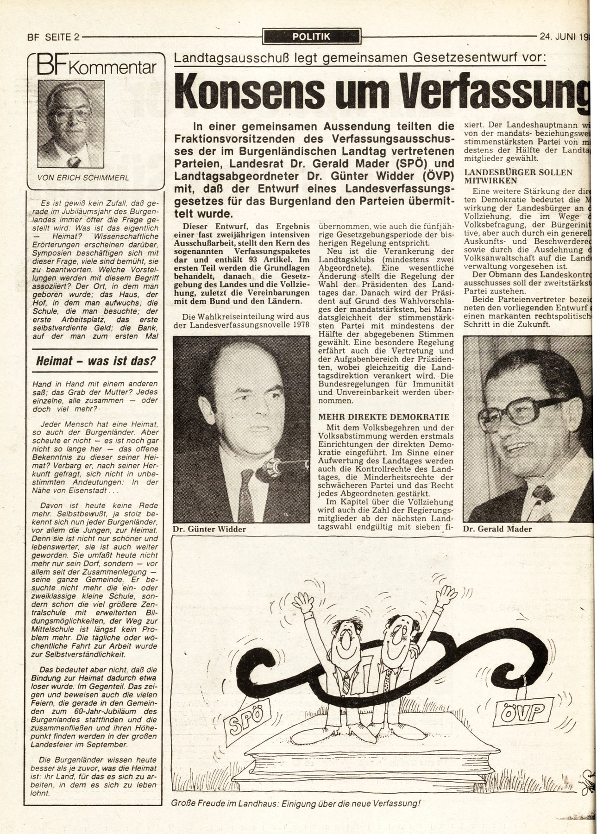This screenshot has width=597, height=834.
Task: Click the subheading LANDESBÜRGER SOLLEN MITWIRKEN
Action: [x=518, y=176]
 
